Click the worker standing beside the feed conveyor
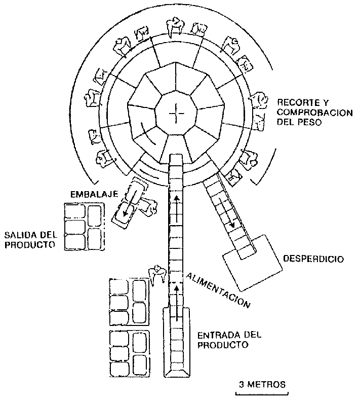[156, 274]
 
